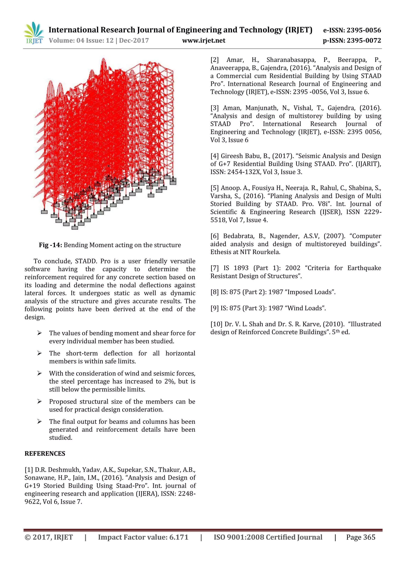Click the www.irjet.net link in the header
click(x=204, y=41)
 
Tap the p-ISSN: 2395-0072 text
click(x=352, y=41)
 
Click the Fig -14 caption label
click(x=50, y=245)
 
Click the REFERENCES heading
click(x=45, y=453)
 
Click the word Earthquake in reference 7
click(x=364, y=268)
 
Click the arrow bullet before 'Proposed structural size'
click(x=39, y=401)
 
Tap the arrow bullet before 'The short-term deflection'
click(x=39, y=353)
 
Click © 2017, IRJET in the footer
click(x=49, y=537)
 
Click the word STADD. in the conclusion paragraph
click(x=86, y=261)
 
